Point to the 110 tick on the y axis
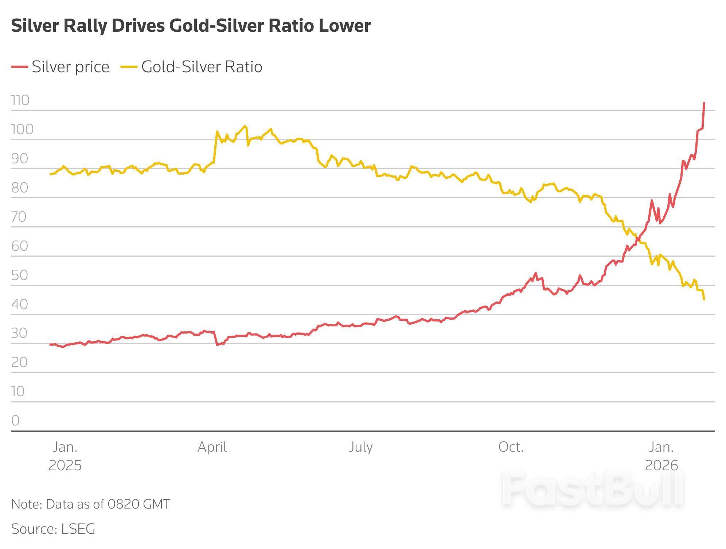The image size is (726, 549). (x=20, y=100)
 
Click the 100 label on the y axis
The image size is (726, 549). (x=22, y=129)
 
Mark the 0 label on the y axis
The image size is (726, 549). (x=15, y=421)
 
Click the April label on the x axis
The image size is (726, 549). (x=212, y=447)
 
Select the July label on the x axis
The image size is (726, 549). (x=360, y=447)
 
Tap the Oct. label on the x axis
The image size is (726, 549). (x=511, y=447)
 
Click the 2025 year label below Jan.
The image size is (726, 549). (x=65, y=466)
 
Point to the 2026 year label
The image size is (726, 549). (x=661, y=466)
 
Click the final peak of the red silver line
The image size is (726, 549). (x=704, y=103)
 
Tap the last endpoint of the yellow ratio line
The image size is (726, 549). (x=704, y=299)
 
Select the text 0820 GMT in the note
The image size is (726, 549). (x=138, y=504)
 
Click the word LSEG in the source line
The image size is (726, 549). (x=78, y=529)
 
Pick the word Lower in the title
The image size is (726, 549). (x=344, y=26)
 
